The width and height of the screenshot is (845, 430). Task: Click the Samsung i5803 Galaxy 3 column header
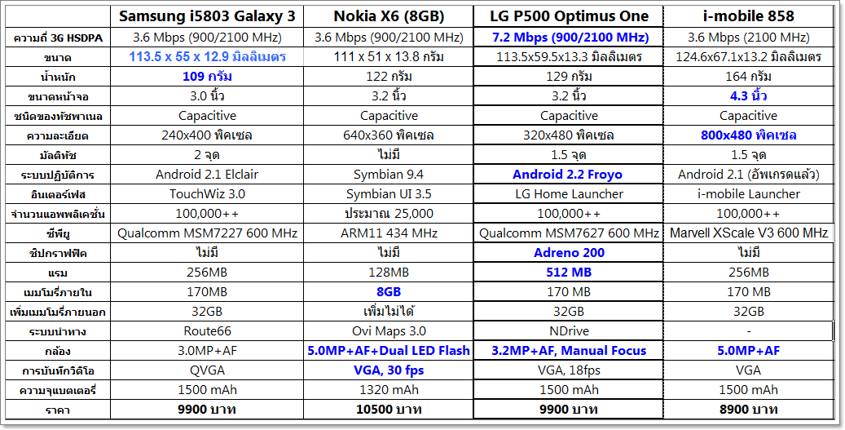(208, 16)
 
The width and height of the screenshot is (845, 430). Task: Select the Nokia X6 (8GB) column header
(389, 16)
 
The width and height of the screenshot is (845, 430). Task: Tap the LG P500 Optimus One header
(570, 16)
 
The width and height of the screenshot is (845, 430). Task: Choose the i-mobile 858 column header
(748, 16)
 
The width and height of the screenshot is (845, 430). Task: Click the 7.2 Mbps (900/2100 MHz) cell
(570, 38)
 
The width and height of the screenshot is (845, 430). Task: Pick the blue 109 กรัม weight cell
(208, 77)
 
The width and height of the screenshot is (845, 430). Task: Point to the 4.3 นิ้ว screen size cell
(748, 96)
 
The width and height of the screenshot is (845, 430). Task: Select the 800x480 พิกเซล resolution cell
(748, 135)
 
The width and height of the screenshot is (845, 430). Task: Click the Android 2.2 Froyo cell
(570, 175)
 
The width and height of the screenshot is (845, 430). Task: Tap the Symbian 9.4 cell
(389, 175)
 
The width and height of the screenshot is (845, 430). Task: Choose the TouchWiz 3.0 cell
(208, 194)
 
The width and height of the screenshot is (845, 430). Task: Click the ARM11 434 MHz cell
(389, 233)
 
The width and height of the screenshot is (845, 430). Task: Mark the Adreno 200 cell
(570, 253)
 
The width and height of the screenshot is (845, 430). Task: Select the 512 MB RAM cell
(570, 273)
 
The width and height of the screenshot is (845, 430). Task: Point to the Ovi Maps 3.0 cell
(389, 331)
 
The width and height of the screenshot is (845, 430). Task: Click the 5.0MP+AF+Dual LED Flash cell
(389, 351)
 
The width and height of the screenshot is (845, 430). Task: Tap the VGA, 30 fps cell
(389, 370)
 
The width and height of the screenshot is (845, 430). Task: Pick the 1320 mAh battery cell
(389, 390)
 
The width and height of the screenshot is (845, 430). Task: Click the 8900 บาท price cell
(748, 410)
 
